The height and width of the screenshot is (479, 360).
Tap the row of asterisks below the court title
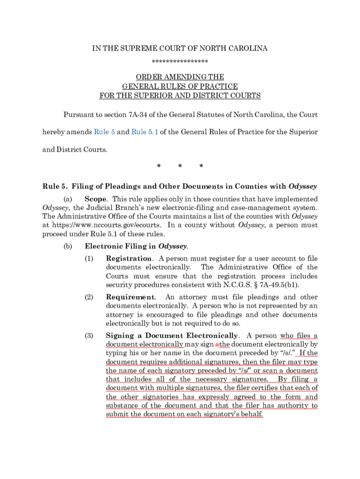(180, 62)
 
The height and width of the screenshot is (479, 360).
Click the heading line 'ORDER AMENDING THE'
(180, 77)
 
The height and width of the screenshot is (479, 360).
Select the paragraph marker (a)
(68, 199)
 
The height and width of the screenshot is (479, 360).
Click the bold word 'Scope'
(95, 199)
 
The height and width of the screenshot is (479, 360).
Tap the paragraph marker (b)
(68, 246)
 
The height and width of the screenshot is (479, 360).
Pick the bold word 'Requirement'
(130, 297)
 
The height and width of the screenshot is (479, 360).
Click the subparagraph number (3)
(89, 336)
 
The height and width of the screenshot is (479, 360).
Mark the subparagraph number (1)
(89, 259)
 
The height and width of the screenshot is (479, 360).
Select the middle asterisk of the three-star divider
(180, 167)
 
